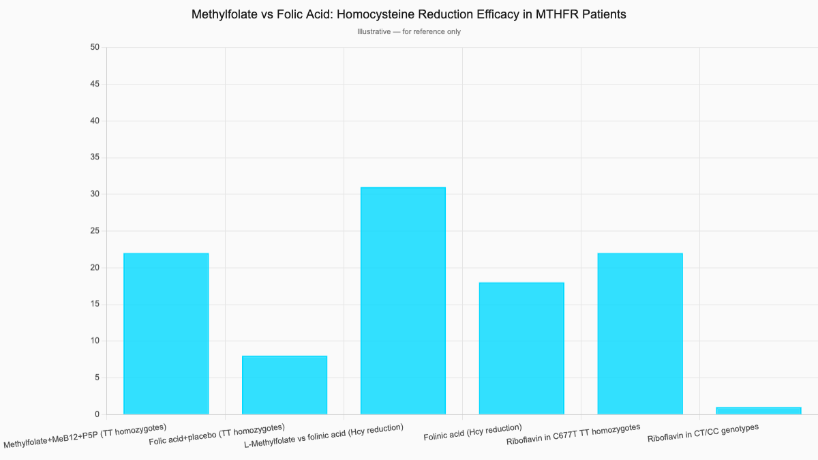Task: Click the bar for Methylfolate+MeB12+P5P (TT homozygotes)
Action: click(166, 334)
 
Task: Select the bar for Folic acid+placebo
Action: click(284, 385)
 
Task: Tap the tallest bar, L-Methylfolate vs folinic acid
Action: click(403, 301)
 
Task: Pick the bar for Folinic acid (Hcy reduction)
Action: click(521, 348)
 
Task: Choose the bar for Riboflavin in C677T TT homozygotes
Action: click(640, 334)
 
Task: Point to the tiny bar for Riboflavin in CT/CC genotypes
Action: click(759, 410)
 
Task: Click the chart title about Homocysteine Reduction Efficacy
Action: click(409, 14)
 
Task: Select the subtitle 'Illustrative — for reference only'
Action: click(409, 31)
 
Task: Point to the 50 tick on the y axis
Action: click(94, 47)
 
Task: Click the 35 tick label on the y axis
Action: click(94, 157)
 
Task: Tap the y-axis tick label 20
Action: click(94, 268)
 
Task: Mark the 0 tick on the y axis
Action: click(97, 414)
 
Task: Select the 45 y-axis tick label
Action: click(94, 84)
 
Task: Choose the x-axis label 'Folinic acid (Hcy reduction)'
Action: click(472, 432)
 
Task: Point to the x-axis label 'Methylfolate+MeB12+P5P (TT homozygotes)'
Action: click(85, 436)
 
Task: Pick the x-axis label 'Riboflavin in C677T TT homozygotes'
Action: click(573, 434)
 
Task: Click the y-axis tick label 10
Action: click(94, 341)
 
